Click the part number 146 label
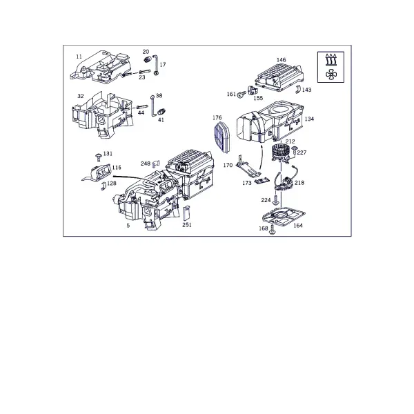point(282,60)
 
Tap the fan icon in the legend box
point(331,75)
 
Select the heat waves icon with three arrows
point(331,59)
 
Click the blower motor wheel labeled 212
point(281,152)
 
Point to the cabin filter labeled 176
point(221,137)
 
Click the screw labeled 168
point(272,230)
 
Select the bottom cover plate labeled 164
point(284,217)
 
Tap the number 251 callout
point(187,225)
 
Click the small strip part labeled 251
point(186,213)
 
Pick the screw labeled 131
point(99,157)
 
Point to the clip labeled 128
point(103,186)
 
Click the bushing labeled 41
point(161,112)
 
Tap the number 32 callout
point(81,96)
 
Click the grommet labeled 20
point(148,59)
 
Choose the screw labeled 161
point(241,95)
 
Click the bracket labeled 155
point(253,90)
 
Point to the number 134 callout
point(309,119)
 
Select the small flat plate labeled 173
point(262,181)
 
